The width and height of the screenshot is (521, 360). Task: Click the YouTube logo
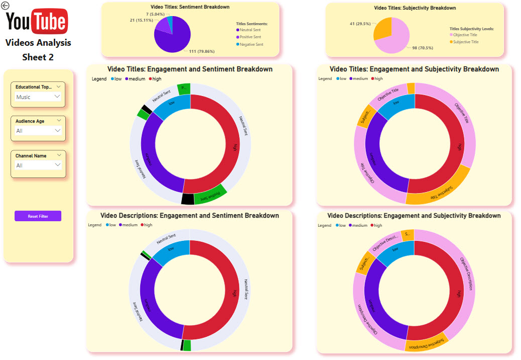tap(37, 21)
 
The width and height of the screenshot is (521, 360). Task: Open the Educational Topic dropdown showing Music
tap(38, 97)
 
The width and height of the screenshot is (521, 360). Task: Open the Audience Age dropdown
tap(38, 131)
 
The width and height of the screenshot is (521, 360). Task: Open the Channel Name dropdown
tap(38, 165)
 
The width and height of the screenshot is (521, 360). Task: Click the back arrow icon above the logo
tap(6, 6)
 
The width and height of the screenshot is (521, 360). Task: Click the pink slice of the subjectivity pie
tap(396, 38)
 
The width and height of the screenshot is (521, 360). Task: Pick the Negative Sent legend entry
tap(252, 44)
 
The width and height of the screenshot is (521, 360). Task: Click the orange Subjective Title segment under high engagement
tap(437, 192)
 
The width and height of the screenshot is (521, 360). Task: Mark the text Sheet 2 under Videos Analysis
tap(38, 57)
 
